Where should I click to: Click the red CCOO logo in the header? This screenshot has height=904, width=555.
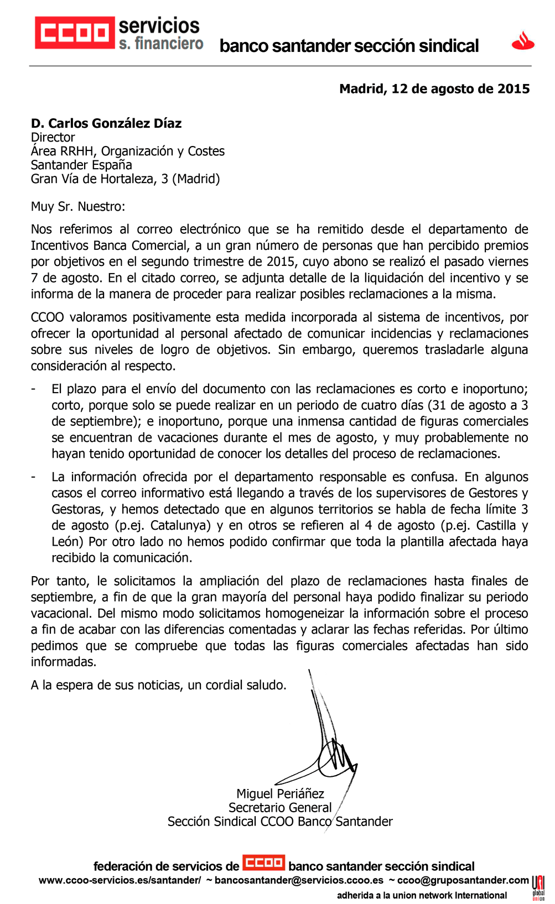tap(74, 33)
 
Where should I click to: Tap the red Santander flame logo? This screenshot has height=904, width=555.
tap(522, 41)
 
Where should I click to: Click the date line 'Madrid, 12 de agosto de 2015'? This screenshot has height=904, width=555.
tap(434, 89)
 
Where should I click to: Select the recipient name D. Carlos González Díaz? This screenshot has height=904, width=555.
tap(106, 123)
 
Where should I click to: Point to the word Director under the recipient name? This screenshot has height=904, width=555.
tap(53, 138)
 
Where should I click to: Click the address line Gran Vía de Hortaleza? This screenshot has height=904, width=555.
tap(125, 179)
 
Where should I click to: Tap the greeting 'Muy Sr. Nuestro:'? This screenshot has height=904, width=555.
tap(78, 207)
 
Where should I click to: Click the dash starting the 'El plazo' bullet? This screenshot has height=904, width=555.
tap(34, 389)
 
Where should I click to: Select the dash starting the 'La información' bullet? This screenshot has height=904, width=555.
tap(34, 477)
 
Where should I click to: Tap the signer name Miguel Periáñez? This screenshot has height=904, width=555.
tap(280, 794)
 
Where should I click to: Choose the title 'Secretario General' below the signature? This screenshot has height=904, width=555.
tap(280, 808)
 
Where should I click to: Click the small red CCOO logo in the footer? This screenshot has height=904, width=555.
tap(264, 863)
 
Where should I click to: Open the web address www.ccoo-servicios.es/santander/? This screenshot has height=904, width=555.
tap(120, 880)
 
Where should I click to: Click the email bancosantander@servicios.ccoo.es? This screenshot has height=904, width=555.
tap(299, 880)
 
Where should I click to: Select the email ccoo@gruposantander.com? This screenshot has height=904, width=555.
tap(463, 880)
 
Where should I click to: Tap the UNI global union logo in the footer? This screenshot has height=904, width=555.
tap(538, 887)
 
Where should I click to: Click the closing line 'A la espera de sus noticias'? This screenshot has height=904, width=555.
tap(158, 685)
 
